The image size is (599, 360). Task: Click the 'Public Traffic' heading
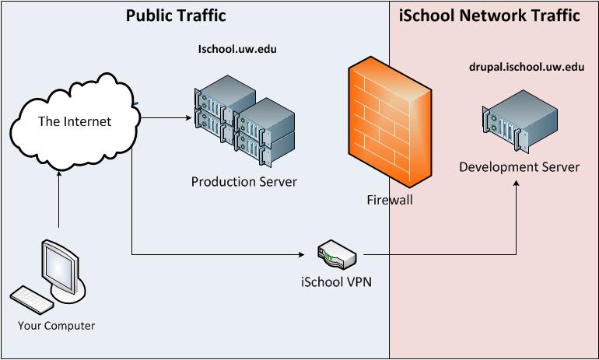point(176,16)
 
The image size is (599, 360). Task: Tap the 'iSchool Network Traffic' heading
point(489,16)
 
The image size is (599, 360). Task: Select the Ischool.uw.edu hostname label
point(237,49)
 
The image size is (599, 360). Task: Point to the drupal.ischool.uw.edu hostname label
point(527,67)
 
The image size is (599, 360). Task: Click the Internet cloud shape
point(75,121)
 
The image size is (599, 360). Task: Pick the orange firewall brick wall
point(390,122)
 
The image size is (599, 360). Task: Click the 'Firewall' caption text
point(390,200)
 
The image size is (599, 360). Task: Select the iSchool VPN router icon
point(337,254)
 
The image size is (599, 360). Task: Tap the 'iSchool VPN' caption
point(336,282)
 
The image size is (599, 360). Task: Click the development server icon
point(520,121)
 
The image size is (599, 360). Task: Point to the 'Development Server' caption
point(519,167)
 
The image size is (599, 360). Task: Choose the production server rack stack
point(244,121)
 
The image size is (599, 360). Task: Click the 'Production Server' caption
point(243,182)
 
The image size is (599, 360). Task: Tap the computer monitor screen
point(58,267)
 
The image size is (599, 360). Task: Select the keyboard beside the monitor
point(31,300)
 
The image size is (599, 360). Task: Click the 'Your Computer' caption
point(56,326)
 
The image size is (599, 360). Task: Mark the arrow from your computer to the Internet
point(59,199)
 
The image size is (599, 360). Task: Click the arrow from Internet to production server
point(166,117)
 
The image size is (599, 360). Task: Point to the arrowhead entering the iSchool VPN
point(301,254)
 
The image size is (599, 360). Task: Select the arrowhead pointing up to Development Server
point(516,183)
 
